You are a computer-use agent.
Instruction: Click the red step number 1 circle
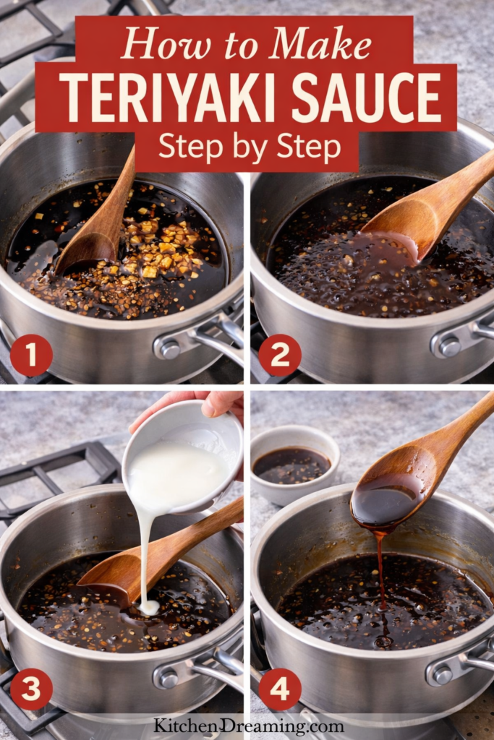(30, 355)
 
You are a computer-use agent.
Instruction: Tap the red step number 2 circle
(279, 355)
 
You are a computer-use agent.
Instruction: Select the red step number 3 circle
(30, 689)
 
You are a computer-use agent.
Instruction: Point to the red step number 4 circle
(279, 689)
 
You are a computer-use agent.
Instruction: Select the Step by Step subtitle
(250, 147)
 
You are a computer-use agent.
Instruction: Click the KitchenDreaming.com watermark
(248, 726)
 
